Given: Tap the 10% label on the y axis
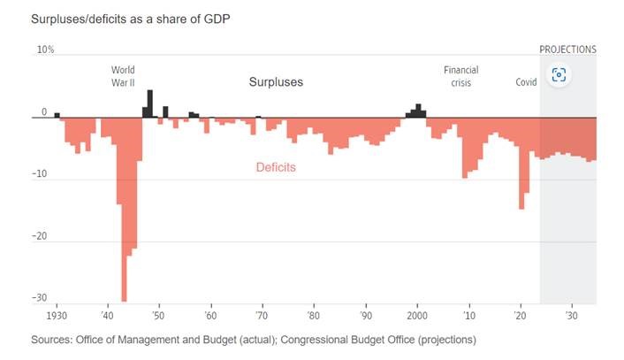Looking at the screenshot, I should [x=44, y=50].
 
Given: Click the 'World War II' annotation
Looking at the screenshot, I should [x=123, y=75].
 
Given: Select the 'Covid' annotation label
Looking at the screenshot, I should [x=527, y=82].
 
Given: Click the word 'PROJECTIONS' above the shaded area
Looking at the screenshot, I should [x=567, y=50].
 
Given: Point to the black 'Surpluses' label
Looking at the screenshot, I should [x=275, y=82].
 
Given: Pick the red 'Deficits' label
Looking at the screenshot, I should [x=276, y=166].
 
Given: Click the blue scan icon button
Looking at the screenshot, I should [x=558, y=74].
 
